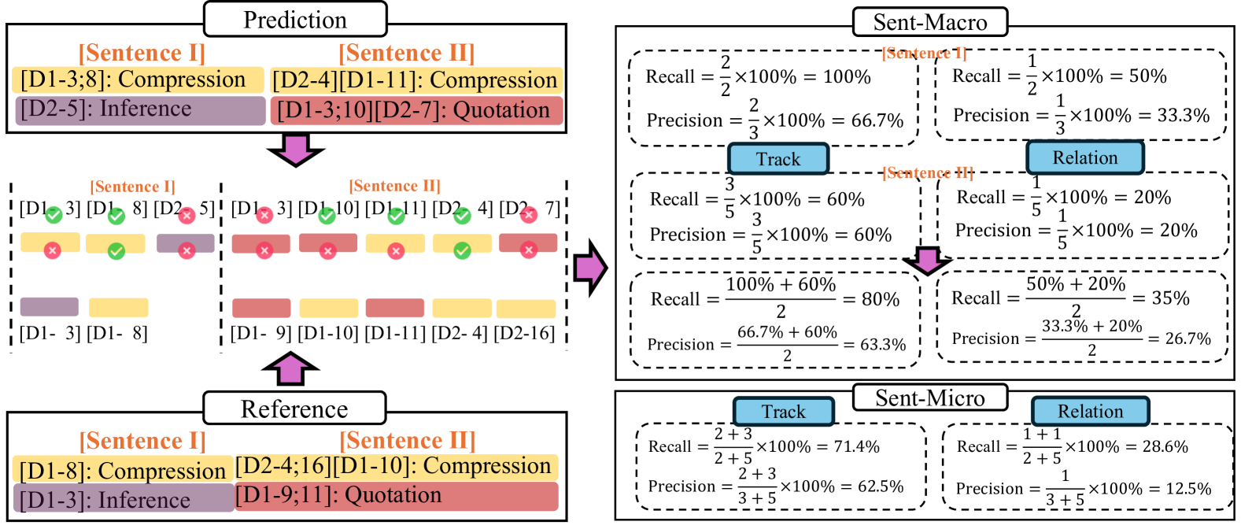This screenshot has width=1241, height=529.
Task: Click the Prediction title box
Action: coord(295,20)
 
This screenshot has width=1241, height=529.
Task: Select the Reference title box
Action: coord(294,409)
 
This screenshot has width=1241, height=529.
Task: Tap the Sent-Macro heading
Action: coord(929,22)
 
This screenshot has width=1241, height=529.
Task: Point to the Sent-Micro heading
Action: coord(929,398)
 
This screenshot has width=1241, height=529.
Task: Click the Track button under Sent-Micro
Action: coord(783,412)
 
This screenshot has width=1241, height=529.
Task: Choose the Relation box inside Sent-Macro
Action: coord(1084,157)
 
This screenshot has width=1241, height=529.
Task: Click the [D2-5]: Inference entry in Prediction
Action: coord(140,109)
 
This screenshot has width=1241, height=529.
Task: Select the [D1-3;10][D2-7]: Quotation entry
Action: coord(416,110)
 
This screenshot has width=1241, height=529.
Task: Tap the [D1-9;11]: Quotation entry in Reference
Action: coord(397,496)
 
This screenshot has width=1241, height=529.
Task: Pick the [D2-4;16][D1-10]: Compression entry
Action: coord(397,467)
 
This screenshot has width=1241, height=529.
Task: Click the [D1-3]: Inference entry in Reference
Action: coord(124,499)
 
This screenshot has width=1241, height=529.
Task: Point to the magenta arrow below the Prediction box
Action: coord(295,150)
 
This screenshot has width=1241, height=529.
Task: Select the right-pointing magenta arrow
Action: coord(590,268)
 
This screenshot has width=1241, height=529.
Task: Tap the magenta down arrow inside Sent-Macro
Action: coord(927,261)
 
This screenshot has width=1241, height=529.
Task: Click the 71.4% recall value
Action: coord(856,447)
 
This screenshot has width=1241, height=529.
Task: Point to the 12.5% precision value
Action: coord(1188,489)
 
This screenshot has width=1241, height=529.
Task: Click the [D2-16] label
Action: coord(524,333)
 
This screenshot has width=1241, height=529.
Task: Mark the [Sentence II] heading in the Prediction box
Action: coord(407,53)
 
